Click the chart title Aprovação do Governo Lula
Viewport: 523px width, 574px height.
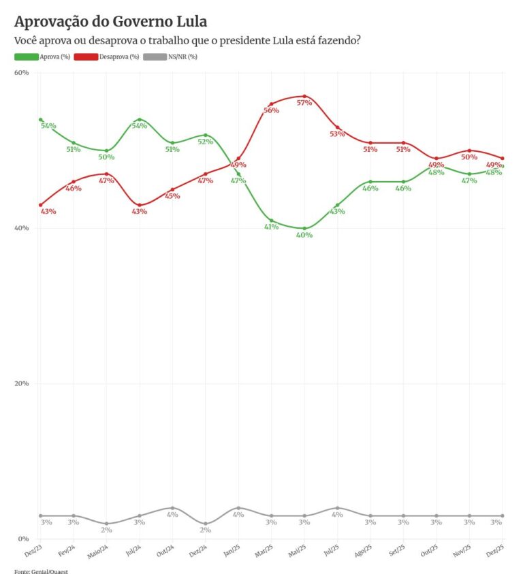(111, 22)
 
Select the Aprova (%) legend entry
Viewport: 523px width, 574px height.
(42, 57)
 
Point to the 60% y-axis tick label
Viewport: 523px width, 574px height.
(21, 72)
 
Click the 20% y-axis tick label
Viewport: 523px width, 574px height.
(21, 383)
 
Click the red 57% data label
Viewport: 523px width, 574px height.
(304, 103)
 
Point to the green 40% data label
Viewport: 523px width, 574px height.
(304, 235)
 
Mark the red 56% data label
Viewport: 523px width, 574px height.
(272, 110)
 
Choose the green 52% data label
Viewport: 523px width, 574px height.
(206, 142)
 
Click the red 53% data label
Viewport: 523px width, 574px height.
(338, 134)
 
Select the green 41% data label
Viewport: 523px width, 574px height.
(272, 227)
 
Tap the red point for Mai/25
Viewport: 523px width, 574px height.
(304, 96)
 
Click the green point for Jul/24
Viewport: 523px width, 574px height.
(140, 119)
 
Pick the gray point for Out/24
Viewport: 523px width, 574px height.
(172, 508)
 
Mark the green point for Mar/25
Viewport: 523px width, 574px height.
(272, 221)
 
